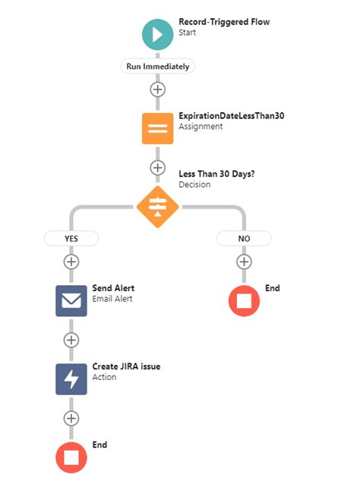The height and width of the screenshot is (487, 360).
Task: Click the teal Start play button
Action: pos(158,34)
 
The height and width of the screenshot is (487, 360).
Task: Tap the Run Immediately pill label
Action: pos(158,66)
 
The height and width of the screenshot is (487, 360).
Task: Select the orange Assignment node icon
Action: pos(158,129)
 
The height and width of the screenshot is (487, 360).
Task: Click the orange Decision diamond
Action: pos(158,207)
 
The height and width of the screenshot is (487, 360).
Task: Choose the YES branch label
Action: pos(71,238)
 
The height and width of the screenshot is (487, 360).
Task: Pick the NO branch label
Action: pos(244,238)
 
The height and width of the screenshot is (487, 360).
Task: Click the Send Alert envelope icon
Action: pos(71,301)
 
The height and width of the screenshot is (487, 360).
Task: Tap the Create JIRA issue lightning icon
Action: pos(71,379)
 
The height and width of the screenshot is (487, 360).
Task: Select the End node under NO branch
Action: pos(244,301)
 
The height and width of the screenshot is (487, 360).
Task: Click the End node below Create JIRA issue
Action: pos(71,457)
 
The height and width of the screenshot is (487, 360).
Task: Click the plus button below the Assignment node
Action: pos(158,168)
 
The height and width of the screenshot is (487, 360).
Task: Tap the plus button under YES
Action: pos(71,262)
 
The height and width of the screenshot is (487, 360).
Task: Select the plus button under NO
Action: pos(244,262)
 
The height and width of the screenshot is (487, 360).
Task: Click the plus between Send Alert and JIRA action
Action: pos(71,340)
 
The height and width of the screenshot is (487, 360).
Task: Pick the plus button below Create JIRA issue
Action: pos(71,419)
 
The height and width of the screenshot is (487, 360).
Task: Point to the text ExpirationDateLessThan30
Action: pos(232,116)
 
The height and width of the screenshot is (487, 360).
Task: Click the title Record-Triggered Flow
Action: pos(224,22)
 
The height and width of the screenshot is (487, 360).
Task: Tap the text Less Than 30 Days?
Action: pos(216,174)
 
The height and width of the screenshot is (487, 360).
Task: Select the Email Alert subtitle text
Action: pos(112,299)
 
